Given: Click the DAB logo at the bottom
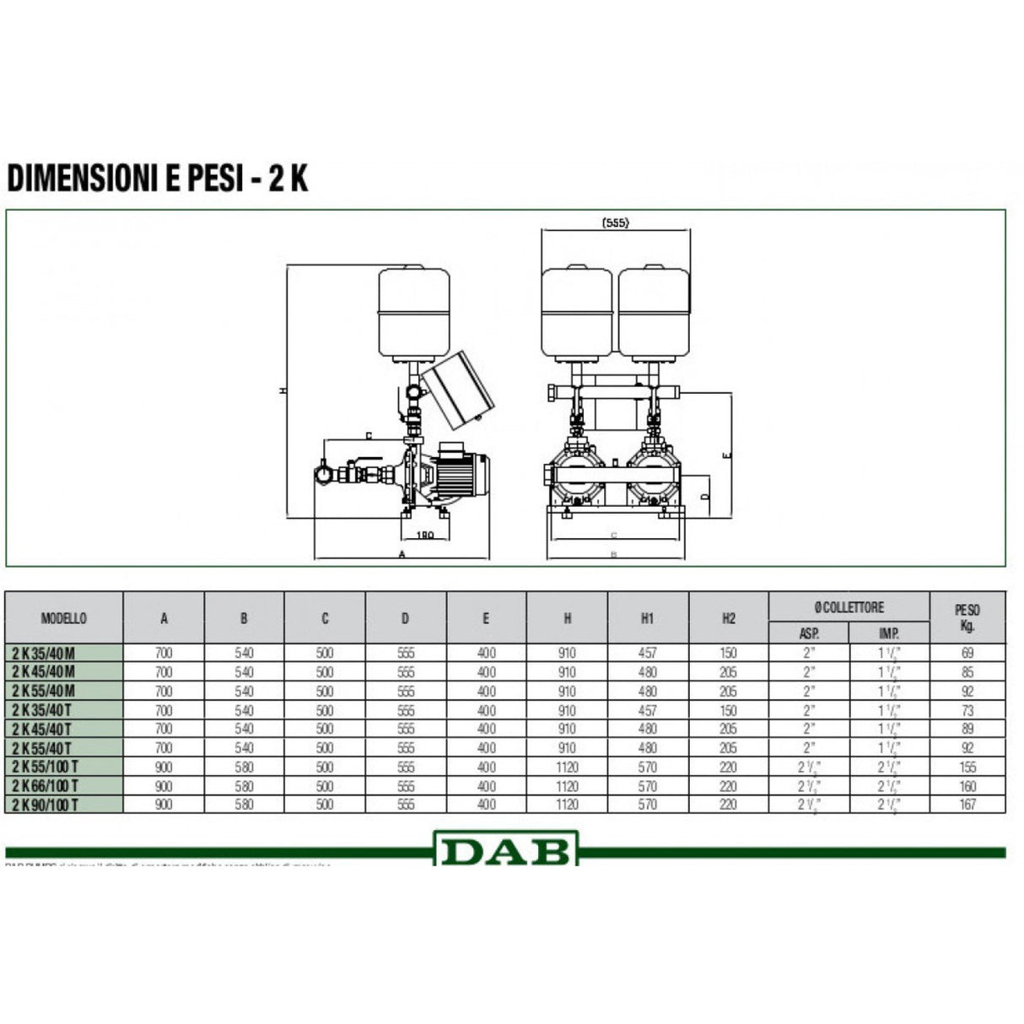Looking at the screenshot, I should (506, 849).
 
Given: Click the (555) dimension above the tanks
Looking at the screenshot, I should (616, 223).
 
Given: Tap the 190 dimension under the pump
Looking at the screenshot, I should (426, 535).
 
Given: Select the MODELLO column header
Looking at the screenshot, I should (64, 618).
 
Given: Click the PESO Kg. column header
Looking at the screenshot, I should (967, 617).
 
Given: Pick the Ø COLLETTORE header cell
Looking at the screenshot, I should (849, 606).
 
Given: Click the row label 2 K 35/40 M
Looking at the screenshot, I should (44, 653).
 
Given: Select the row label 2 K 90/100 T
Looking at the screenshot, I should (46, 805).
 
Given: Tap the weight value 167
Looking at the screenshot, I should (967, 805).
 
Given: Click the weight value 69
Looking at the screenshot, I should (967, 653).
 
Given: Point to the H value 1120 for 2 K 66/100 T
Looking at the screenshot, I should (567, 786).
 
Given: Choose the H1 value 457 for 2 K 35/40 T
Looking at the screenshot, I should (648, 710).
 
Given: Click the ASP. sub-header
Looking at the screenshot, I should (809, 633).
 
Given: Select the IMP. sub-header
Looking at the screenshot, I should (889, 633).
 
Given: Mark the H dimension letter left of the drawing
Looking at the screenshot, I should (284, 391).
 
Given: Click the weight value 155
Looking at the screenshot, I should (967, 767).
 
